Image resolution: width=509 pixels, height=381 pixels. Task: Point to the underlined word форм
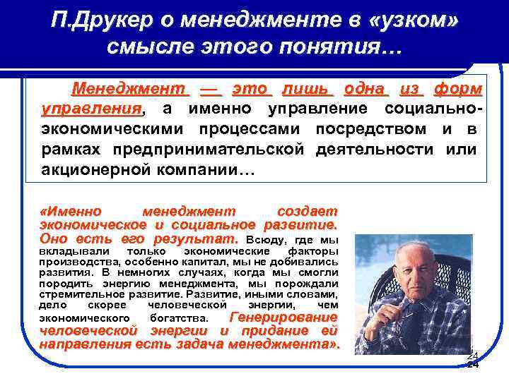tap(458, 90)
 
